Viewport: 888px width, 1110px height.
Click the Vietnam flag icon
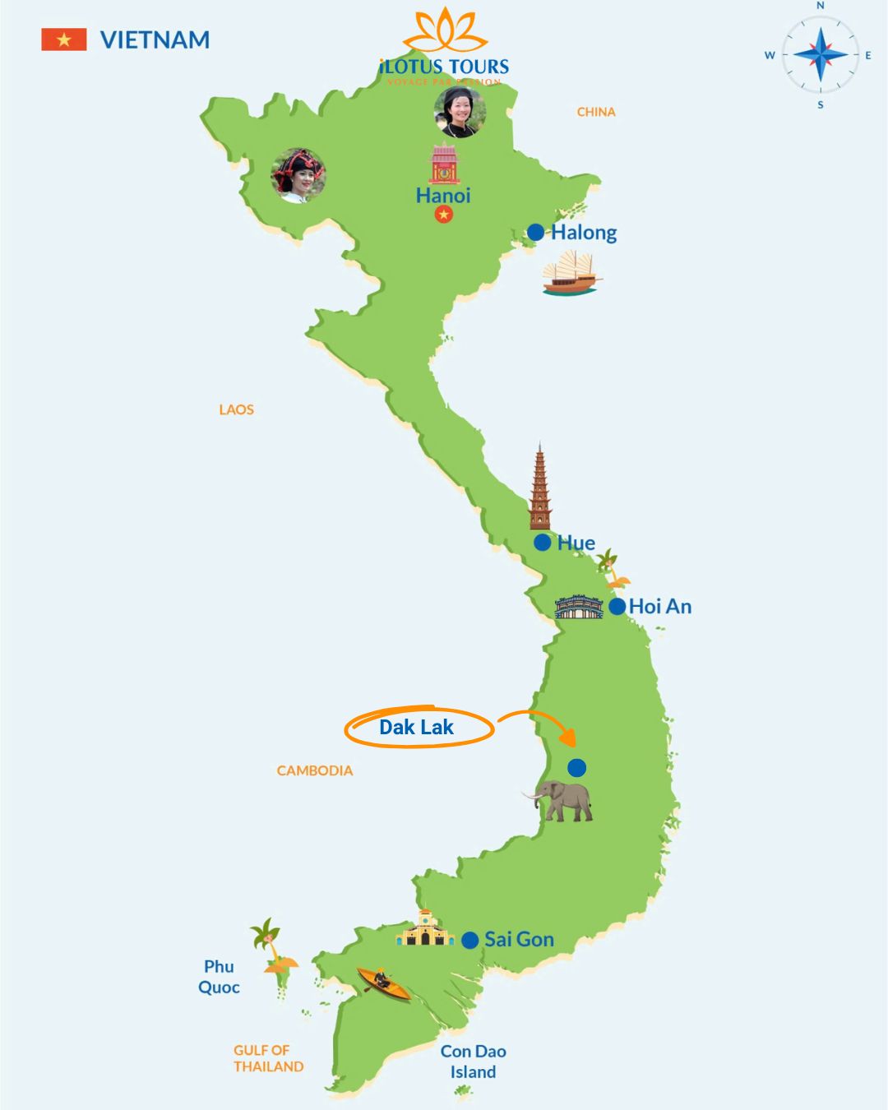pyautogui.click(x=64, y=39)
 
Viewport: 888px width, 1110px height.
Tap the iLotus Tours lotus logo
pyautogui.click(x=445, y=31)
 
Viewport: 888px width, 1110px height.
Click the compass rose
pyautogui.click(x=820, y=55)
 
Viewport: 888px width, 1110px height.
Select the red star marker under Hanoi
pyautogui.click(x=444, y=215)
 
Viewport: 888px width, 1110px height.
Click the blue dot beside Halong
pyautogui.click(x=535, y=233)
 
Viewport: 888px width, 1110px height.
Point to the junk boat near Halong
pyautogui.click(x=571, y=274)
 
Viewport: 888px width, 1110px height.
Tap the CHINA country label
pyautogui.click(x=596, y=112)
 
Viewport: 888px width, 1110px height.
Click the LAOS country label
pyautogui.click(x=236, y=409)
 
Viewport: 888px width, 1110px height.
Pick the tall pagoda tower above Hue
pyautogui.click(x=539, y=488)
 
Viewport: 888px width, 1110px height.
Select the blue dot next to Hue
pyautogui.click(x=542, y=543)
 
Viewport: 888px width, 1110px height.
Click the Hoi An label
pyautogui.click(x=660, y=607)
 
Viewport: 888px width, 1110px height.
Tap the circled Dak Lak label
pyautogui.click(x=417, y=728)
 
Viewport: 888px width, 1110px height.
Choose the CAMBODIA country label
pyautogui.click(x=315, y=770)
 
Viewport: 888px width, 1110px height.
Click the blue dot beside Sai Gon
pyautogui.click(x=470, y=940)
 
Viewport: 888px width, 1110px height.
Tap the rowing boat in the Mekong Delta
pyautogui.click(x=383, y=983)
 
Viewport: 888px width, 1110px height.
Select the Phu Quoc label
pyautogui.click(x=219, y=977)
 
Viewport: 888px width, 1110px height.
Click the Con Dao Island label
pyautogui.click(x=473, y=1061)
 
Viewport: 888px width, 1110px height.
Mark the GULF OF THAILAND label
pyautogui.click(x=268, y=1058)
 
